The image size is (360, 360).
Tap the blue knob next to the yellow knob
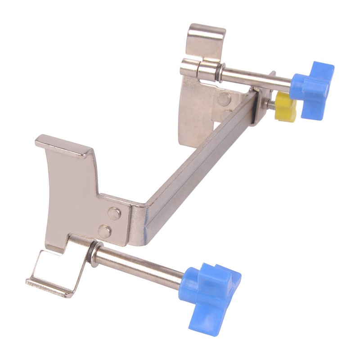314,88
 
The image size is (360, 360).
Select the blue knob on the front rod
211,288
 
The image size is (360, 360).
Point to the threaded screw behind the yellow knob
271,103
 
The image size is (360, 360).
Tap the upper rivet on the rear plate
224,99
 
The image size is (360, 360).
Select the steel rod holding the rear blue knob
256,79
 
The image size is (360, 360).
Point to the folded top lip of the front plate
63,146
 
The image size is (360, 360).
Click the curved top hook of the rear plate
206,38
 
